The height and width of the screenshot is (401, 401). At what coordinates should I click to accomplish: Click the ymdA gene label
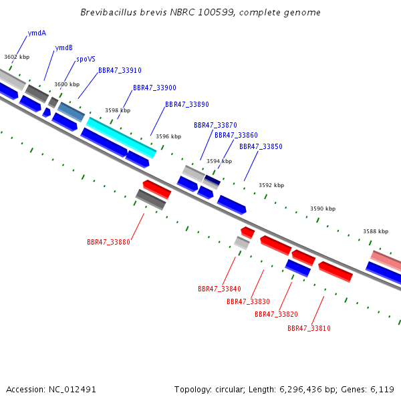(37, 33)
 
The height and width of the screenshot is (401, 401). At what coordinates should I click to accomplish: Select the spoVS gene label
(86, 59)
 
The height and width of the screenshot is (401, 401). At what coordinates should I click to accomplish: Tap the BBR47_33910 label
(120, 70)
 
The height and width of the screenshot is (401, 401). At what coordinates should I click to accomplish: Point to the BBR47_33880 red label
(108, 242)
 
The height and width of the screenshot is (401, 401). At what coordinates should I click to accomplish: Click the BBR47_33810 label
(309, 328)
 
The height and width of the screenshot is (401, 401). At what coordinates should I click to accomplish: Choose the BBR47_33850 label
(261, 146)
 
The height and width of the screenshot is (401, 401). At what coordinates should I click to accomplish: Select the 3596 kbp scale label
(168, 136)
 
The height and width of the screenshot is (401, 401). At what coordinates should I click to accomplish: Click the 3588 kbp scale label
(376, 231)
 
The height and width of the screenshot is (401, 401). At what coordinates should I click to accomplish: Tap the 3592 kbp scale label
(271, 185)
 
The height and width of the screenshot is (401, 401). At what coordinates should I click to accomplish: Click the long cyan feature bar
(121, 138)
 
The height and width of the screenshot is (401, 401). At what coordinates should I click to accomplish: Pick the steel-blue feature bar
(71, 112)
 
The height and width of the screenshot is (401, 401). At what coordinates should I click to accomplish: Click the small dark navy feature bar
(213, 179)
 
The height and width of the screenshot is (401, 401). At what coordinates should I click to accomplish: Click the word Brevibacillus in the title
(109, 12)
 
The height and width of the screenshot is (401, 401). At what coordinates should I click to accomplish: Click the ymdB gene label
(64, 48)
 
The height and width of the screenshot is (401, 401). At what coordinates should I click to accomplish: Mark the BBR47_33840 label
(219, 289)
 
